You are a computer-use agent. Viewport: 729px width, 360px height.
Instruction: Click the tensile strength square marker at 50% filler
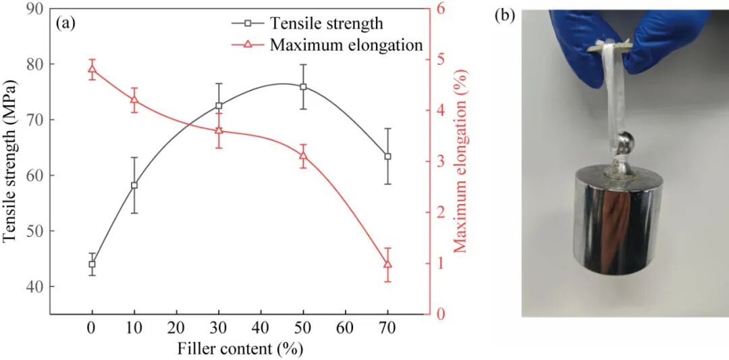(303, 87)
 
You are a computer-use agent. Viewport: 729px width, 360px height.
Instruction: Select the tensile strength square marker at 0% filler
(92, 264)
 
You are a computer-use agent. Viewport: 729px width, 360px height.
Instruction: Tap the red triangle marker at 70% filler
(387, 263)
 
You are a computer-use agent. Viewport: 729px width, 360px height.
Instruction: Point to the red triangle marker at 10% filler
(134, 100)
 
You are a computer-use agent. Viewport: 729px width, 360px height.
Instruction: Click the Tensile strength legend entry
(326, 23)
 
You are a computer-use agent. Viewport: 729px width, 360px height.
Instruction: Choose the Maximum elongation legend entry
(346, 45)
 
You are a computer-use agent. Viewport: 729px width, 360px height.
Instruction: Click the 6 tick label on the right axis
(439, 8)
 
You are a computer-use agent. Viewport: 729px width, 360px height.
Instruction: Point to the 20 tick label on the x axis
(176, 328)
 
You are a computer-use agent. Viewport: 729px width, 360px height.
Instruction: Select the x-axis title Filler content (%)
(240, 349)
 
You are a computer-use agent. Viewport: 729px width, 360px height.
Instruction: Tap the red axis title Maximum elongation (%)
(461, 163)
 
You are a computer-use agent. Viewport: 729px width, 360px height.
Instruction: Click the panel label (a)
(66, 23)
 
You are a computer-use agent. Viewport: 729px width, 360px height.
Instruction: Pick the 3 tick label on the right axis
(439, 161)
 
